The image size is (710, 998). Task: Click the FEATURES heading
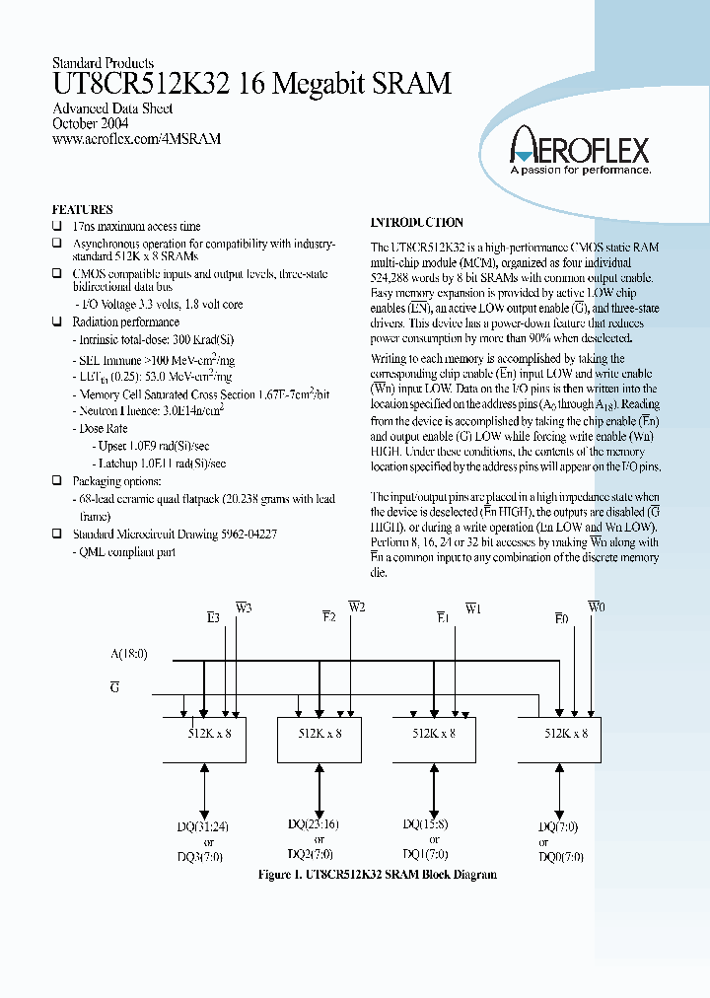tap(82, 209)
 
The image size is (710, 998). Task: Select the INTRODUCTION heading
tap(416, 223)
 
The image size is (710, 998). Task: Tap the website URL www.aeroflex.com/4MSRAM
tap(136, 140)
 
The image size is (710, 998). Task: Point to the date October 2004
tap(89, 124)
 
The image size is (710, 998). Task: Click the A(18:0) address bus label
tap(129, 653)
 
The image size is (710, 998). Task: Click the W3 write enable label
tap(242, 608)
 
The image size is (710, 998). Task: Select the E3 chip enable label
tap(212, 618)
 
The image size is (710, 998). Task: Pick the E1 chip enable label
tap(443, 618)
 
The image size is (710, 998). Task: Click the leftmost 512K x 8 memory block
tap(204, 734)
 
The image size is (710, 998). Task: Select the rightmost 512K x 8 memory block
tap(566, 734)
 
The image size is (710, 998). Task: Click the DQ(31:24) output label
tap(208, 827)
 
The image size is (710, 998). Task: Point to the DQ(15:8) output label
tap(427, 823)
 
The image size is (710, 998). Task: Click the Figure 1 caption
tap(377, 875)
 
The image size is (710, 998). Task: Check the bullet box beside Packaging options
tap(56, 481)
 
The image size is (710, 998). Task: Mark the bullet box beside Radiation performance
tap(56, 322)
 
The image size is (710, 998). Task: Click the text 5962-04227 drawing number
tap(246, 534)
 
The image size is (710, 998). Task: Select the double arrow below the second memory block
tap(319, 788)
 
